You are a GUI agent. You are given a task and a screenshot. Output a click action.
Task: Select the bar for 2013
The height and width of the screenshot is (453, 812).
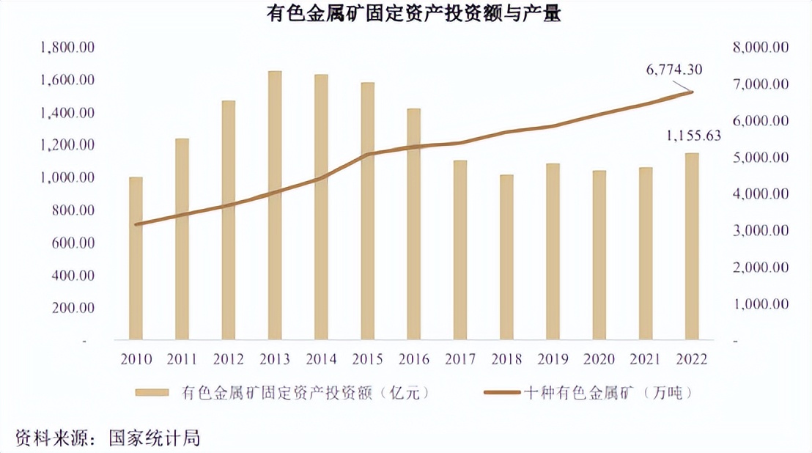[275, 205]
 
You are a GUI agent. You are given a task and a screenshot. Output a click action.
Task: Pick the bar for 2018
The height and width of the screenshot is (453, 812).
[506, 257]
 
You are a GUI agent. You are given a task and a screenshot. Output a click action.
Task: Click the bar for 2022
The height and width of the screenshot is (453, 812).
[692, 246]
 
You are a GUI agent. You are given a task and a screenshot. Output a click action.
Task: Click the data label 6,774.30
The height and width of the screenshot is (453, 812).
[673, 70]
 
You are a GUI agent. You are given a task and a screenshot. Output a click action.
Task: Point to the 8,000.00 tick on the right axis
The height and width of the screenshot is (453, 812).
[759, 48]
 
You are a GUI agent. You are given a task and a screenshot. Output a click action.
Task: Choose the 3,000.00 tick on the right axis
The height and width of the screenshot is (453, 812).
[759, 230]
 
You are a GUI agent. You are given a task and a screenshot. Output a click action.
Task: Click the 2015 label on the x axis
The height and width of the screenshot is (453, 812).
[367, 359]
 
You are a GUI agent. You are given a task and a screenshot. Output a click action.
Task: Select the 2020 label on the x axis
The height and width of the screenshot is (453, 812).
[599, 359]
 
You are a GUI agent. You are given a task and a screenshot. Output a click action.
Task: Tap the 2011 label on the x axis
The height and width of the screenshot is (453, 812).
[182, 359]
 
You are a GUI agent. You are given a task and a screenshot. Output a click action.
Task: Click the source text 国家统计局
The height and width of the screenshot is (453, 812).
[154, 438]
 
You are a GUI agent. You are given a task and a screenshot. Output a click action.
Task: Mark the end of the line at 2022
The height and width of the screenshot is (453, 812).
[692, 92]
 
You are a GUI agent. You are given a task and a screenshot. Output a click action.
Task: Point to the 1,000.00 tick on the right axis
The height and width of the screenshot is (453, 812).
[759, 303]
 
